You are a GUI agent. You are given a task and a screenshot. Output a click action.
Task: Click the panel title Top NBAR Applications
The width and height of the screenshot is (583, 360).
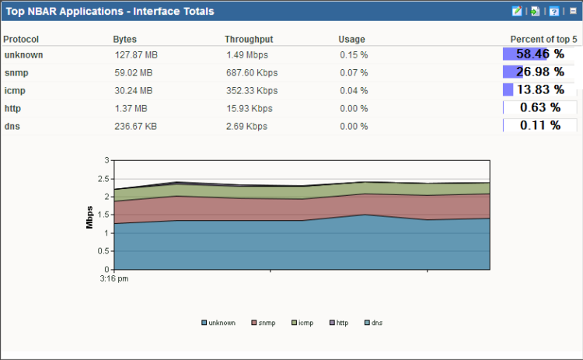[x=110, y=12]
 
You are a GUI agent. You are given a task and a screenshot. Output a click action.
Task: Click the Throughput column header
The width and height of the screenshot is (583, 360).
[x=249, y=39]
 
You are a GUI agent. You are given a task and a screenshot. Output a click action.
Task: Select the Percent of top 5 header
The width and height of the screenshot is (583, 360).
[x=543, y=39]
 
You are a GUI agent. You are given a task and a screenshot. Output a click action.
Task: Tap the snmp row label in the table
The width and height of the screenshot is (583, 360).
[x=17, y=72]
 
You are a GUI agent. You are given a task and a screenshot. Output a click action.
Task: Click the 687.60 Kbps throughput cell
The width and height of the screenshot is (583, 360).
[x=252, y=72]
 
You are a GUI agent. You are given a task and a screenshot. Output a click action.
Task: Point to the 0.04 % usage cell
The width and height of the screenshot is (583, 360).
[x=354, y=90]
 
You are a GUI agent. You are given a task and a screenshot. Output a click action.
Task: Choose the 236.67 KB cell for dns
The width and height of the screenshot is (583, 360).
[x=135, y=126]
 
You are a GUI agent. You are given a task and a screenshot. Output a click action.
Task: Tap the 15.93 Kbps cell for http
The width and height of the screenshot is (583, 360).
[x=250, y=108]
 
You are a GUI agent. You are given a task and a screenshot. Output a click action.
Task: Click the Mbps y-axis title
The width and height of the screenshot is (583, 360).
[x=90, y=215]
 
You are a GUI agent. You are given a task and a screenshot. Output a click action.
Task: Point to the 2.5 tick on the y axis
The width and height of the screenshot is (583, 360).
[x=104, y=178]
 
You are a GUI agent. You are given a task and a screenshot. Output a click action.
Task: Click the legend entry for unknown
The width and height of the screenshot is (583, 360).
[x=218, y=323]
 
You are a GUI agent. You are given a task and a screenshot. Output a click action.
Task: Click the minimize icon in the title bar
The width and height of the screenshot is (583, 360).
[x=573, y=12]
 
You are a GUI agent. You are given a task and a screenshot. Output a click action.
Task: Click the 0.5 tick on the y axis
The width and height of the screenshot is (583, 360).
[x=104, y=251]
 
